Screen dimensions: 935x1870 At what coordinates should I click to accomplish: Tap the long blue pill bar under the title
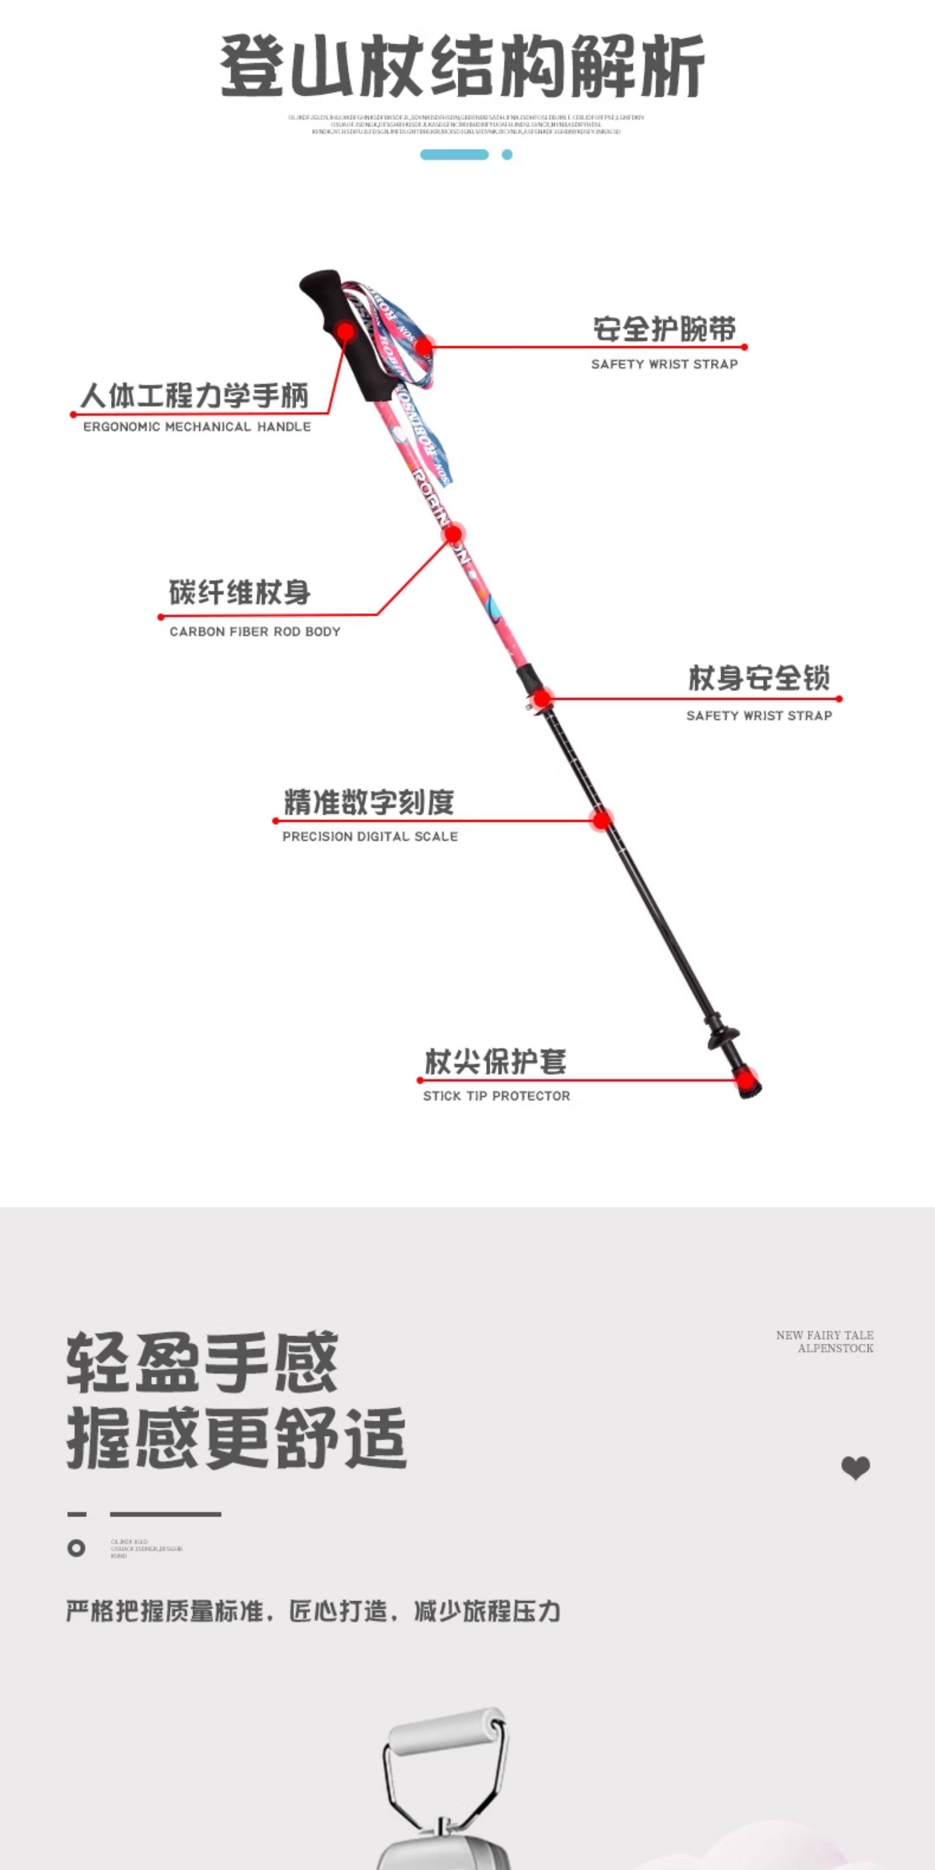coord(454,155)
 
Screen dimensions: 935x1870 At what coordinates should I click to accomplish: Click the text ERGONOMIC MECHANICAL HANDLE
coord(197,427)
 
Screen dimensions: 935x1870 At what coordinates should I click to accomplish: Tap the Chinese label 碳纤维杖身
coord(239,592)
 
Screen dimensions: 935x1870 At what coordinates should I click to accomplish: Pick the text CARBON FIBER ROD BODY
coord(255,632)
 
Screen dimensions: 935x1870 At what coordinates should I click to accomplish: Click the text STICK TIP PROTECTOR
coord(497,1096)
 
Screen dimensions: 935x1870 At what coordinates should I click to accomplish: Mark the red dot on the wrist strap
coord(425,346)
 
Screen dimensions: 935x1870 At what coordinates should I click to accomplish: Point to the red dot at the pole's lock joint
coord(542,698)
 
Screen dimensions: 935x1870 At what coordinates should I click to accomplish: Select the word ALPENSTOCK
coord(835,1348)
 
